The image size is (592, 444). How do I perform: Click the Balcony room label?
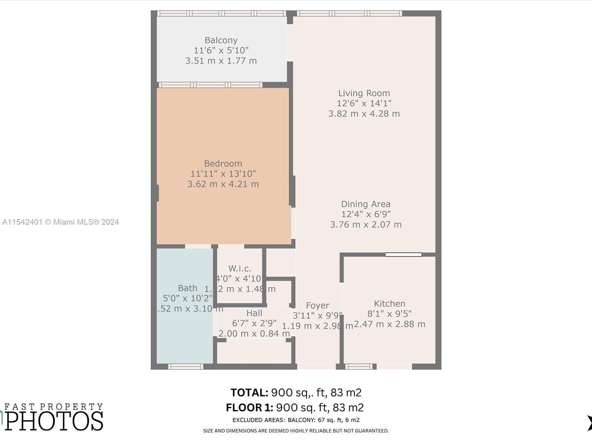[x=221, y=40]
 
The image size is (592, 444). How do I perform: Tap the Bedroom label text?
[x=223, y=164]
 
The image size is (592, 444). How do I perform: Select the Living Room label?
[x=364, y=93]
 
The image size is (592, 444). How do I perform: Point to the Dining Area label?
[x=366, y=204]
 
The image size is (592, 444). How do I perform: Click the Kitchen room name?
[x=389, y=304]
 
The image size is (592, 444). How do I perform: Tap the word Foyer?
[x=317, y=306]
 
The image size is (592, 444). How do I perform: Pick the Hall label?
[x=254, y=313]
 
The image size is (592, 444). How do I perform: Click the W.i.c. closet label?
[x=240, y=269]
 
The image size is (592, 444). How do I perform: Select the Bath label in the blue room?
[x=188, y=288]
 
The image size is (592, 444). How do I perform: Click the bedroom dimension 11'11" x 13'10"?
[x=223, y=174]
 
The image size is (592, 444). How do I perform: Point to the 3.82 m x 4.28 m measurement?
[x=364, y=114]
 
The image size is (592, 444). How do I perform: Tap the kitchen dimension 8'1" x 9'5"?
[x=389, y=314]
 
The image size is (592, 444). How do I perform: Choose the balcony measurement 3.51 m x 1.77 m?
[x=221, y=61]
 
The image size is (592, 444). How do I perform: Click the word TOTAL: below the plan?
[x=249, y=393]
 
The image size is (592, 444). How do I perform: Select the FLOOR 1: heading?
[x=249, y=408]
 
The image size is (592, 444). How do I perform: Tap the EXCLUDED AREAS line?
[x=296, y=420]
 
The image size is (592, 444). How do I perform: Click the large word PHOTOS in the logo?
[x=54, y=421]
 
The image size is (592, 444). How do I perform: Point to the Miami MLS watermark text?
[x=60, y=222]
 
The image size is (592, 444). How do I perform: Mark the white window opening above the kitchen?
[x=403, y=255]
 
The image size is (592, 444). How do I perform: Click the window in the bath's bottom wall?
[x=185, y=367]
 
